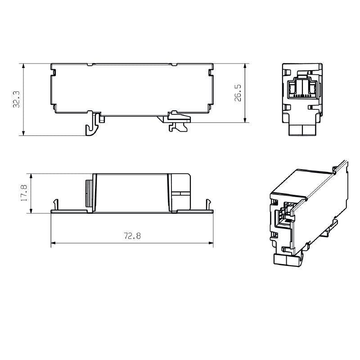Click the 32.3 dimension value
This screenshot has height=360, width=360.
(16, 99)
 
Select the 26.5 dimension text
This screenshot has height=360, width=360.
(238, 93)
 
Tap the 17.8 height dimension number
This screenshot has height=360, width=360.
(24, 193)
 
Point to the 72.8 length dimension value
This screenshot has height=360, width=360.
(132, 236)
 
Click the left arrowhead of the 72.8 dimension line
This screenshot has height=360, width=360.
(53, 243)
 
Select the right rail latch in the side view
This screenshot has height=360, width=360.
(179, 121)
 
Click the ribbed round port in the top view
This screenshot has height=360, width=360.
(89, 193)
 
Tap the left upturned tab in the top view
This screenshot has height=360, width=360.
(56, 204)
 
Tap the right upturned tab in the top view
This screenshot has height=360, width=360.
(208, 204)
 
